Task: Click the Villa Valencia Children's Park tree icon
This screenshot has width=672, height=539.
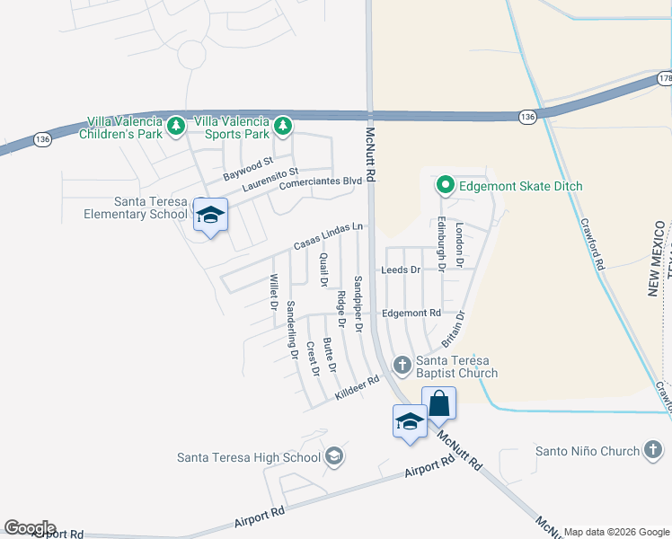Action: pos(178,123)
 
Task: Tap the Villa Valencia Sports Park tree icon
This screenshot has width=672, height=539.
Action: pos(284,123)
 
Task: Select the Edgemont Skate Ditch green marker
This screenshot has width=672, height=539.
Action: pos(444,187)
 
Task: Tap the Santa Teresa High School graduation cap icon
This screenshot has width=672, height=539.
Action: pos(334,457)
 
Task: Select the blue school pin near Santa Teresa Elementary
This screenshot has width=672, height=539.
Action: pos(211,216)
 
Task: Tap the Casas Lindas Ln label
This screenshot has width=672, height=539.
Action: pos(330,237)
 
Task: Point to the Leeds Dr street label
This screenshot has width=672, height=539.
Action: pos(401,269)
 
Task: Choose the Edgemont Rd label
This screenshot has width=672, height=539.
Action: pos(411,313)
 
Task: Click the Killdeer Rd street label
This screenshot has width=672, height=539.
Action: pos(358,388)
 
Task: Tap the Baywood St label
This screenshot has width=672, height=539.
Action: pos(248,168)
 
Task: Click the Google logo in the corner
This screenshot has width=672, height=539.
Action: pos(29,528)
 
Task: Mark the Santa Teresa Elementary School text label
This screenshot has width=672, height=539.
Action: pos(136,208)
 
